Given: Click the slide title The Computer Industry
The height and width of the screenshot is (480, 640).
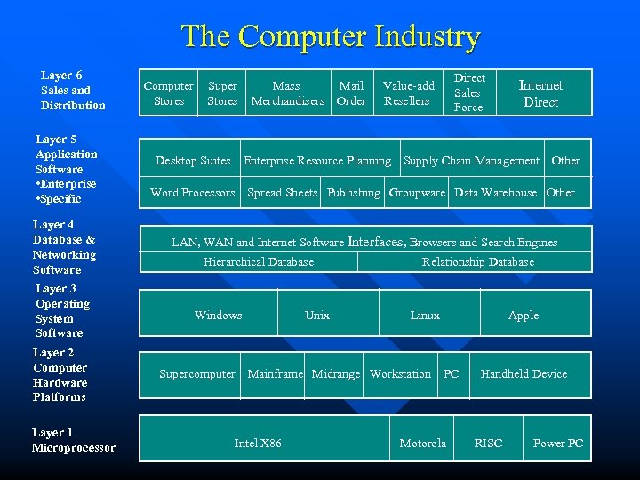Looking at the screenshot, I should coord(331,36).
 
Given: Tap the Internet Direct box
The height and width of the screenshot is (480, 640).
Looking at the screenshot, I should coord(540,93).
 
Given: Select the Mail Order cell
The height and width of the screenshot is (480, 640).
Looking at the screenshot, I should coord(351,93).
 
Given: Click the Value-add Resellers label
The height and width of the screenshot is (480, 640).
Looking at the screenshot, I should coord(408,93).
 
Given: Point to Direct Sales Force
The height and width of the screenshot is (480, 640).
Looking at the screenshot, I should coord(468,92).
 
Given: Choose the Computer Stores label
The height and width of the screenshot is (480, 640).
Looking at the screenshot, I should coord(169,93).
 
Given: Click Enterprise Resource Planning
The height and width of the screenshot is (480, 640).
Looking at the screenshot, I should coord(317,161).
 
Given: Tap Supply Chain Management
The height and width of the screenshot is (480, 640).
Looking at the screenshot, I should coord(471,161).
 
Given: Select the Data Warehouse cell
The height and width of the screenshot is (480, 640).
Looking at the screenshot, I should coord(495,193).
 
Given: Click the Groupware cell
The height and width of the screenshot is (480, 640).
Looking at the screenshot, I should coord(417,193).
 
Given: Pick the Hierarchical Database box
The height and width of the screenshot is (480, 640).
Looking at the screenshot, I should coord(259,262).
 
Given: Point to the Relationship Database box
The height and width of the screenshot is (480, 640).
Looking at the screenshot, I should coord(477,262).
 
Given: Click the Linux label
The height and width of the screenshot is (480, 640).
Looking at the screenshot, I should coord(425,316).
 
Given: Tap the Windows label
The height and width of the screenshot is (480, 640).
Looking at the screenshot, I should coord(218,316).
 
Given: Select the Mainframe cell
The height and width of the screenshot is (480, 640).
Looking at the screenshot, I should coord(276,374).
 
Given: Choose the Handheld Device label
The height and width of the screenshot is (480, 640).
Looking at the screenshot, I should coord(524,374).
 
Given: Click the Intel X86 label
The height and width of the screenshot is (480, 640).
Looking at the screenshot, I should coord(258,444).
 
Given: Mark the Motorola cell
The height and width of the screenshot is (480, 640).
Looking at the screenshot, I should coord(422,444).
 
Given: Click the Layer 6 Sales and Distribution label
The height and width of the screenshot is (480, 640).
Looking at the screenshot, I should coord(72,91).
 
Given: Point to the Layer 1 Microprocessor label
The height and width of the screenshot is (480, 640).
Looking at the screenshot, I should coord(73,440).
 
